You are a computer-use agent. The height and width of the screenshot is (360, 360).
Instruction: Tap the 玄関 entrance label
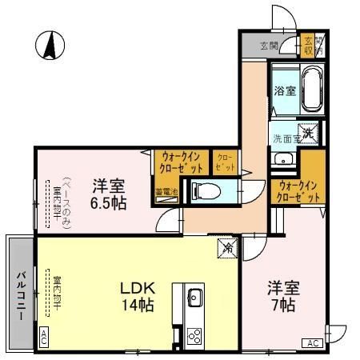coord(269,46)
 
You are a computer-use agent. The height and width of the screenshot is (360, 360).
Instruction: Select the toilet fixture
coord(205,190)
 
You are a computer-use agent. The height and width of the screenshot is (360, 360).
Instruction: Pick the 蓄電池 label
coord(166,191)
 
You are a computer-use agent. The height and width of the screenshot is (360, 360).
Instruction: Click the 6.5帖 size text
coord(106,204)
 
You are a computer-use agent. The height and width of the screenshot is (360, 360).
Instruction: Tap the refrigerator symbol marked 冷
coord(227,248)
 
